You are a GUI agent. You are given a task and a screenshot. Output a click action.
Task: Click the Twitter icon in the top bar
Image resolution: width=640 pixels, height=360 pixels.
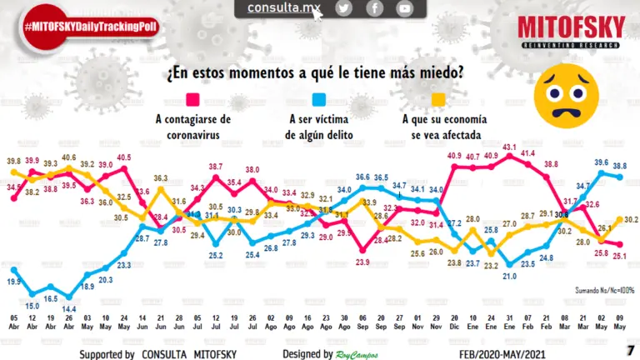[x=343, y=8]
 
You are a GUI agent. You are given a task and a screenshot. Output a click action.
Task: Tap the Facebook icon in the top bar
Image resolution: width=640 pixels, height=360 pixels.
[x=374, y=8]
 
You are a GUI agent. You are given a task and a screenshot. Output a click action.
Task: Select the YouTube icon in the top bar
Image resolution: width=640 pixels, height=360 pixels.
[x=404, y=8]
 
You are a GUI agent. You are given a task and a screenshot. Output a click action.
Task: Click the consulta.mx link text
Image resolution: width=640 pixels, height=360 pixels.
[x=284, y=8]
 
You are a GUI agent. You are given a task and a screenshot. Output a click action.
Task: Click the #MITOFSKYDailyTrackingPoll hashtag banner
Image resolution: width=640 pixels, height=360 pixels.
[x=92, y=27]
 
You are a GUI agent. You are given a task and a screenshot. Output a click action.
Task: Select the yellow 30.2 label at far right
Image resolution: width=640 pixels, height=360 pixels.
[x=631, y=220]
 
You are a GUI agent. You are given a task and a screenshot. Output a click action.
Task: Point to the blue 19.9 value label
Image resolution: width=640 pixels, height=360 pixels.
[x=13, y=282]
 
